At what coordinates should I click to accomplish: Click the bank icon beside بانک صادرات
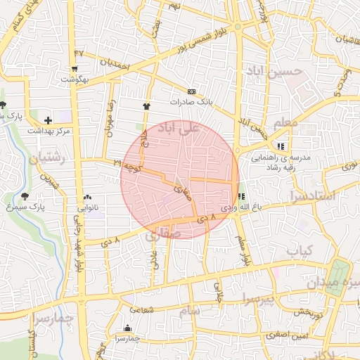coord(192,92)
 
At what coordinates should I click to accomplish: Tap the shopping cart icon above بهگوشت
coord(75,69)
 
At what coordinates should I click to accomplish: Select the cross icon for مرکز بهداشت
coord(48,121)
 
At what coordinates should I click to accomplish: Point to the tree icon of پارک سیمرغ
coord(26,196)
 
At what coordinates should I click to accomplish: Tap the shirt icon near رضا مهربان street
coord(146,105)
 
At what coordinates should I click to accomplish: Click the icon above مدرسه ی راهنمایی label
coord(281,146)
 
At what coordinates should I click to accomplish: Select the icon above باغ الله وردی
coord(242,197)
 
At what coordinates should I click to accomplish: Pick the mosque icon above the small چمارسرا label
coord(127,328)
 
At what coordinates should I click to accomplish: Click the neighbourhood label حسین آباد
coord(274,72)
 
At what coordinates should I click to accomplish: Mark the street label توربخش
coord(308,312)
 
